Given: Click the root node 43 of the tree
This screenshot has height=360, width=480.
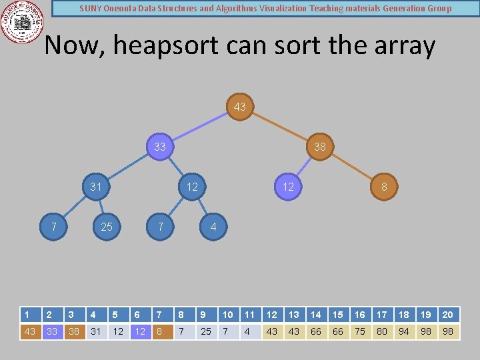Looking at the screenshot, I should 240,107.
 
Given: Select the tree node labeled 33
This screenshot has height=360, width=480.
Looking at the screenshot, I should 160,147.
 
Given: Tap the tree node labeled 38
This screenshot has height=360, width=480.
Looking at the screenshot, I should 320,147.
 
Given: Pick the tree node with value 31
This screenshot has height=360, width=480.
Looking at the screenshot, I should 96,187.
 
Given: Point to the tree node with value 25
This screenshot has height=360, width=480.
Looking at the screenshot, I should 107,227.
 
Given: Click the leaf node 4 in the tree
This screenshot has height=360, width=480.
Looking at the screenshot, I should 213,227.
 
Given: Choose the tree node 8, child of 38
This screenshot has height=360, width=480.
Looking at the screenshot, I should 384,187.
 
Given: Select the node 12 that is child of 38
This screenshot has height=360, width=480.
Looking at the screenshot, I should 288,187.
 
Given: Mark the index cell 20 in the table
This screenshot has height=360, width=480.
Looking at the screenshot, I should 448,315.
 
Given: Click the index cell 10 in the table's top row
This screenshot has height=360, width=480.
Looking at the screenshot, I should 228,315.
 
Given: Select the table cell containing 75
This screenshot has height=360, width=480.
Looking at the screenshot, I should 360,331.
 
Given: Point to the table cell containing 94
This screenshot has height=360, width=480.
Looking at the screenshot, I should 404,331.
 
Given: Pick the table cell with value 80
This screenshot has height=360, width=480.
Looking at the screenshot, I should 382,331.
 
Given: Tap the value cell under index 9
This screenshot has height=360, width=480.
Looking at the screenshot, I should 206,331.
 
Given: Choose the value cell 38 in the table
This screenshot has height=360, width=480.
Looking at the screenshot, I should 74,331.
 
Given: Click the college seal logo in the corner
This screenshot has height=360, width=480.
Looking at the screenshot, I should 23,23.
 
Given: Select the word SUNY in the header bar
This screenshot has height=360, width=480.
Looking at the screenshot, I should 91,9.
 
